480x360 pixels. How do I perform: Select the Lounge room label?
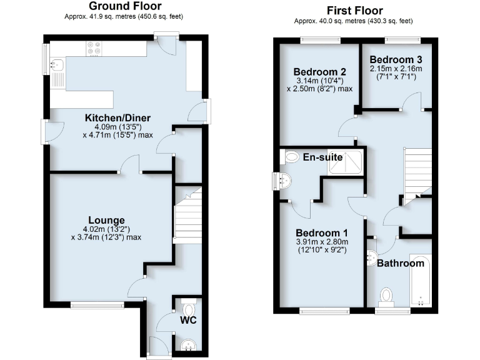coord(106,220)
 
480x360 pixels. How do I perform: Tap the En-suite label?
coord(323,157)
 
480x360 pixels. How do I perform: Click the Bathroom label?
coord(401,263)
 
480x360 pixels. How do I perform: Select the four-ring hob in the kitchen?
coord(94,47)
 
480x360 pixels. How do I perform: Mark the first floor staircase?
coord(417,172)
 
